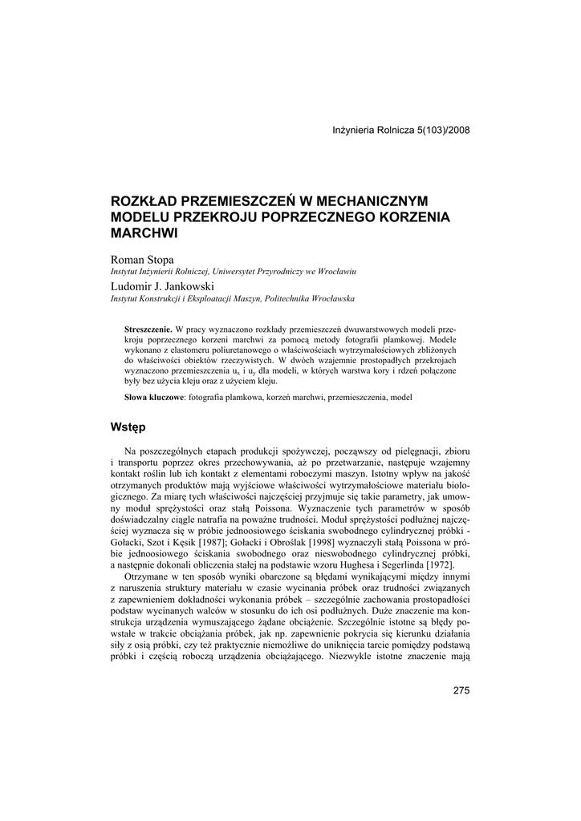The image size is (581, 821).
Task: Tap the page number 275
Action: pyautogui.click(x=461, y=691)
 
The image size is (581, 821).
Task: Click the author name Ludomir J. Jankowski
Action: pyautogui.click(x=156, y=285)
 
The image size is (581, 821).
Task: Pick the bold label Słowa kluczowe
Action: pyautogui.click(x=154, y=398)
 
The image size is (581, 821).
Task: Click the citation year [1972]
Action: pyautogui.click(x=453, y=566)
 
